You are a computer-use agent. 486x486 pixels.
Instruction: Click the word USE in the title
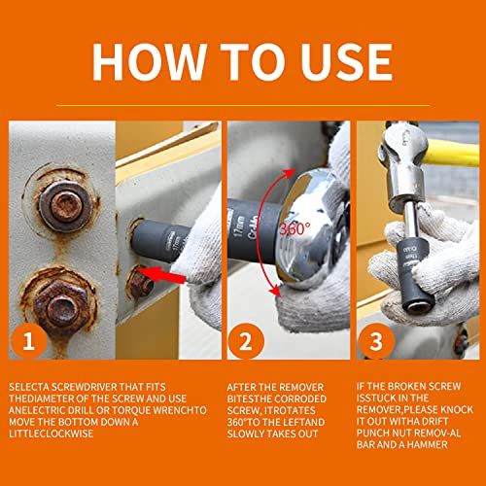tap(346, 61)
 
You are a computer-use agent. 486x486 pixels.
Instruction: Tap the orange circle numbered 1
tap(29, 341)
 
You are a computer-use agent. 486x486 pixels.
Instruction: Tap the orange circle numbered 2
tap(246, 341)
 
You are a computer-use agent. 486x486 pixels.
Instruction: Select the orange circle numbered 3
tap(376, 341)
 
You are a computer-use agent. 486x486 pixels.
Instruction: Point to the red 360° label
tap(295, 229)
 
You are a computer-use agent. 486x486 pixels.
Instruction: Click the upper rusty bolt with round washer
tap(66, 206)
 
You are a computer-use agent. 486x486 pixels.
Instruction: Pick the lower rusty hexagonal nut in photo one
tap(61, 305)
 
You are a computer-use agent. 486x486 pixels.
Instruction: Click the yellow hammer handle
tap(451, 154)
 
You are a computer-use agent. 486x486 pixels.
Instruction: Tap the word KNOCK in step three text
tap(457, 409)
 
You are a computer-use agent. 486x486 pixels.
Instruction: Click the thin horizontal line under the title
tap(243, 105)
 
